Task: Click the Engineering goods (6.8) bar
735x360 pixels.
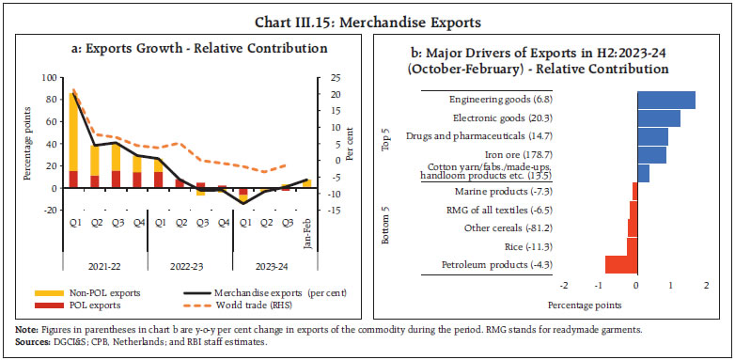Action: click(665, 101)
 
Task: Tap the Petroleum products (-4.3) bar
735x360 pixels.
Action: click(620, 264)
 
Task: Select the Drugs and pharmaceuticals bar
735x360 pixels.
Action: click(652, 136)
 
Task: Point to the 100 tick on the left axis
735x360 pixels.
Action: click(48, 74)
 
